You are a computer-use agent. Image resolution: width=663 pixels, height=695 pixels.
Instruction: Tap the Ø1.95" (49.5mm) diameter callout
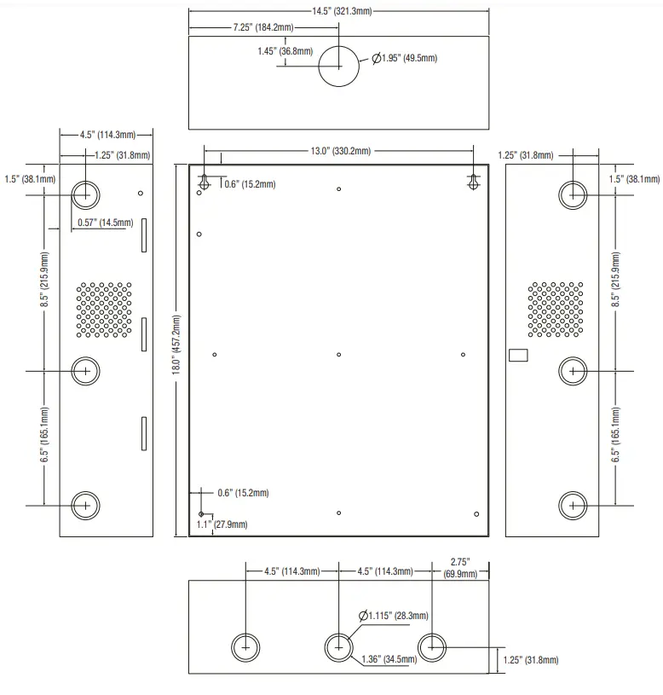(405, 58)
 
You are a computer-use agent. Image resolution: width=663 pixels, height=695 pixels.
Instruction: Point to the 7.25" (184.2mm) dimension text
(263, 28)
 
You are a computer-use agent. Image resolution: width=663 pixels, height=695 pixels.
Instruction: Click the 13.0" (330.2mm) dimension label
(339, 151)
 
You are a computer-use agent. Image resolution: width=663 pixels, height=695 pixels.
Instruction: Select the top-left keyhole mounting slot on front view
(205, 182)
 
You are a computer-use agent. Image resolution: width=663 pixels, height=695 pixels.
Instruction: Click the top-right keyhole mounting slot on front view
(474, 182)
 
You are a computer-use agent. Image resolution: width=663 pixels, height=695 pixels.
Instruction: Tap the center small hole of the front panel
(339, 355)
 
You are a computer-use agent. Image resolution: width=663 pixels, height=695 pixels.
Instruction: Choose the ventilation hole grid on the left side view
(105, 307)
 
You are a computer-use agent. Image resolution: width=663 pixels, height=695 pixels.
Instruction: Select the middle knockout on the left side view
(85, 370)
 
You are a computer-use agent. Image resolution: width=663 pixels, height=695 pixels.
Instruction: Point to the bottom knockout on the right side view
(573, 505)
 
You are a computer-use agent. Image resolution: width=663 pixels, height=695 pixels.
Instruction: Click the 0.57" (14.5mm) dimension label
(105, 223)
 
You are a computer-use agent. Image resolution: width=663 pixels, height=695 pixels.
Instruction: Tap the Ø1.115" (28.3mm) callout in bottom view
(394, 616)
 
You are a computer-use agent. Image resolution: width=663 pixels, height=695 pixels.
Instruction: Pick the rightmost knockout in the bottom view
(432, 647)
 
